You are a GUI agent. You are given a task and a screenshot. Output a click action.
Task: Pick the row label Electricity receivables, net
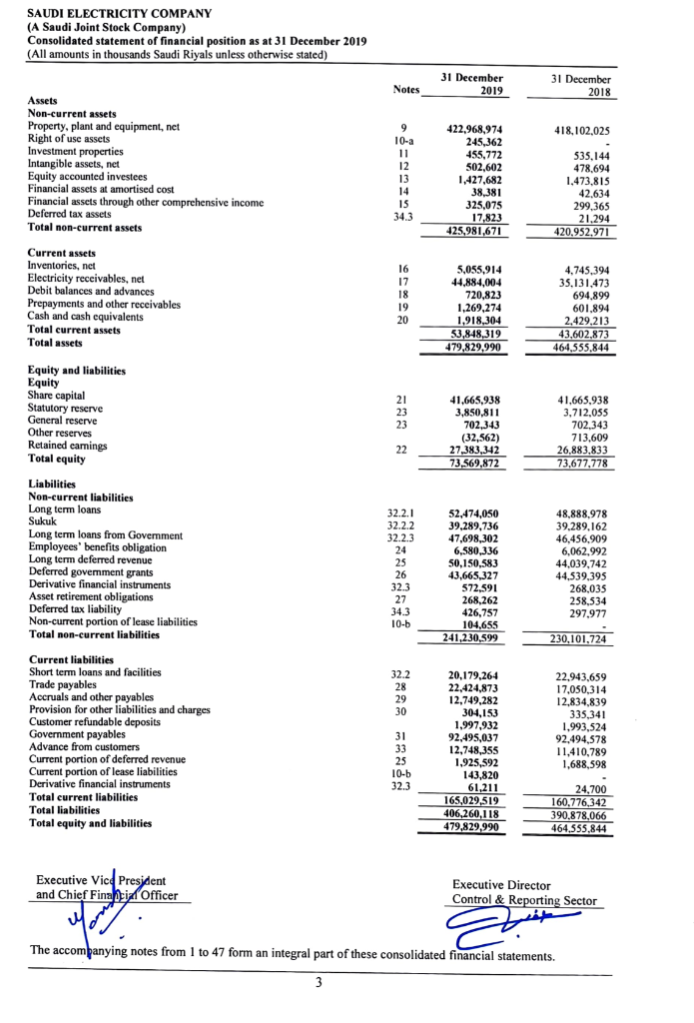click(x=87, y=279)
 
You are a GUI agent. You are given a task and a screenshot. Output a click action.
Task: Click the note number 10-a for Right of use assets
click(x=404, y=142)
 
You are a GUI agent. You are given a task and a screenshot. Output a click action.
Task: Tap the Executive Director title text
click(x=501, y=885)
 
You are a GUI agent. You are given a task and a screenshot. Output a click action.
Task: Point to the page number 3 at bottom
click(x=318, y=982)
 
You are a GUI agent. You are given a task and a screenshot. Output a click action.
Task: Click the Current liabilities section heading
click(x=71, y=660)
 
